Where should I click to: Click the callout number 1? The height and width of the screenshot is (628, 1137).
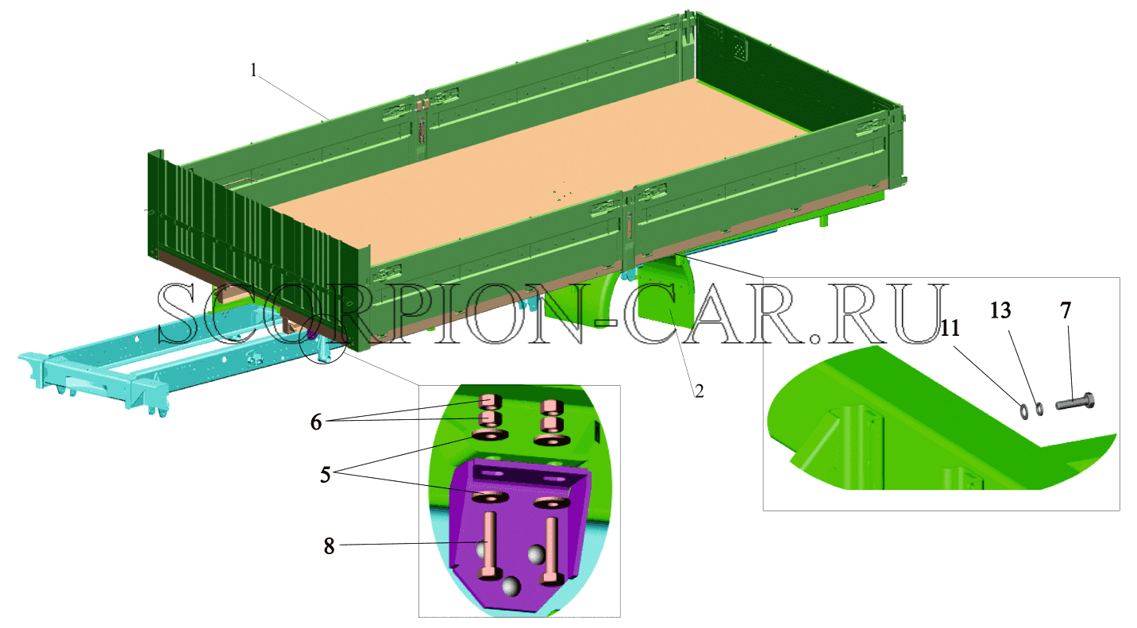tap(254, 71)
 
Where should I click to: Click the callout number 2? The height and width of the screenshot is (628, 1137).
tap(699, 391)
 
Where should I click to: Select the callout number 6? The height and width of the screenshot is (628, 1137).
tap(316, 422)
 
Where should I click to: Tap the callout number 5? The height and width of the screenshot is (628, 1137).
tap(325, 475)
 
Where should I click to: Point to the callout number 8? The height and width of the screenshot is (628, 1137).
tap(329, 546)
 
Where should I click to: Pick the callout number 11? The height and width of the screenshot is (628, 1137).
tap(950, 328)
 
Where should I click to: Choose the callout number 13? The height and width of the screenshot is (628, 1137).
tap(1000, 310)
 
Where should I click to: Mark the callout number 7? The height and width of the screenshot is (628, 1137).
tap(1066, 310)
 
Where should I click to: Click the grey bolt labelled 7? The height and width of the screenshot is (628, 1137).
tap(1075, 403)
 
